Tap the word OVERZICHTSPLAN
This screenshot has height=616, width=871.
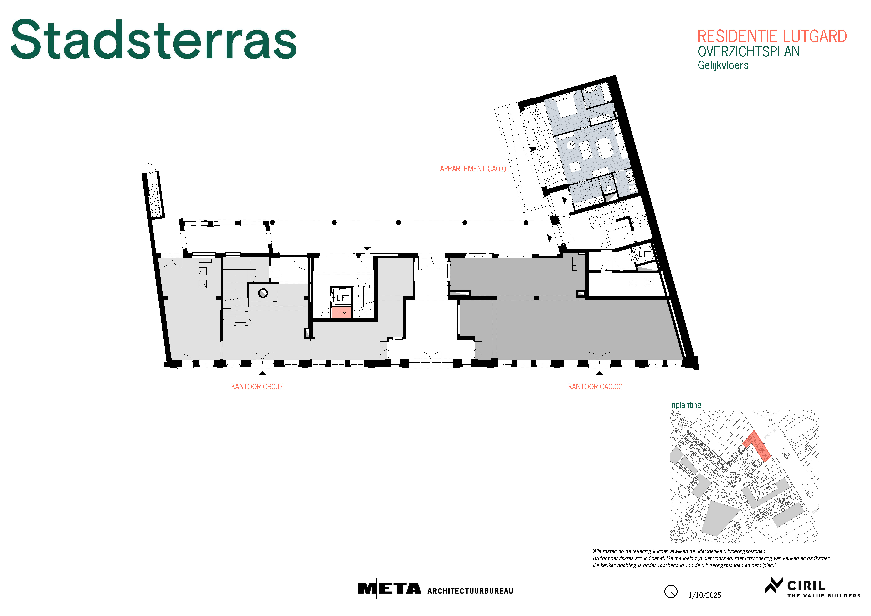coord(748,52)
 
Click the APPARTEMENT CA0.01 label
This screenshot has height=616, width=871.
coord(475,169)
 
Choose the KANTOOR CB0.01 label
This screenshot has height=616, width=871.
coord(258,387)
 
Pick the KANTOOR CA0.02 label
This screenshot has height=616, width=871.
coord(595,387)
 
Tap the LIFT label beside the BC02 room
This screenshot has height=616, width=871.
coord(342,298)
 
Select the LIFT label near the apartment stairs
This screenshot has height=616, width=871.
coord(644,254)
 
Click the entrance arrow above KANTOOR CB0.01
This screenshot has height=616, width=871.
coord(262,373)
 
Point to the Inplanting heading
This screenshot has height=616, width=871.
coord(686,405)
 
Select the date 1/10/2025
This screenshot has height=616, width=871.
coord(705,595)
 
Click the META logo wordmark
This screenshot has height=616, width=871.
coord(390,589)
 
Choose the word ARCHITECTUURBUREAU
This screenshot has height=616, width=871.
coord(470,591)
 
